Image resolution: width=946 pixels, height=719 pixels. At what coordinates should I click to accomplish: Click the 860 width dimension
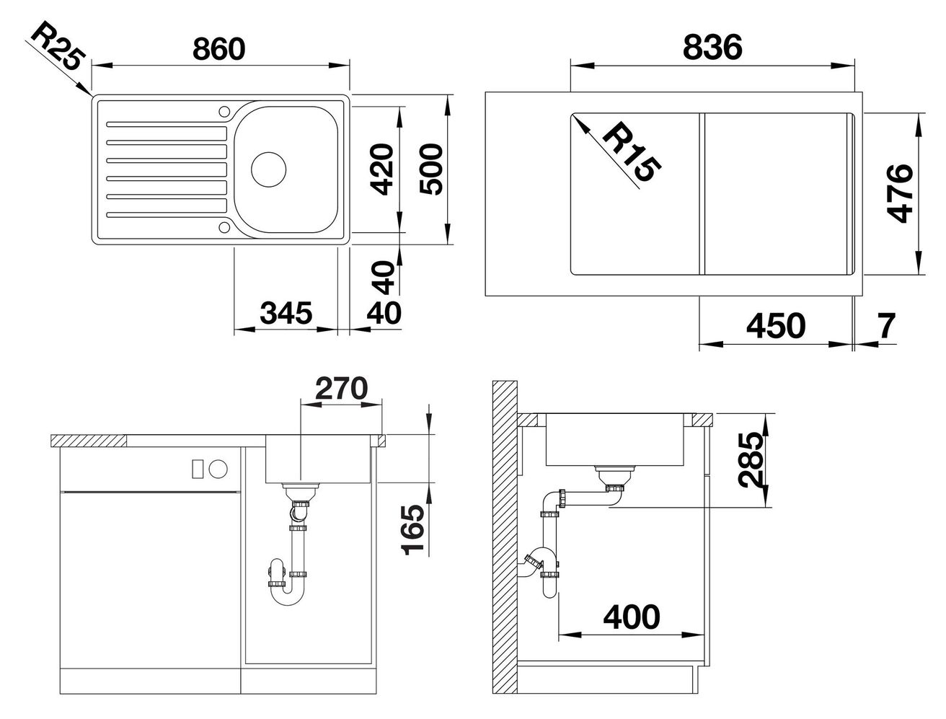pyautogui.click(x=219, y=49)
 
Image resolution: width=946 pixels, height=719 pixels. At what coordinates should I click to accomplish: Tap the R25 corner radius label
pyautogui.click(x=56, y=46)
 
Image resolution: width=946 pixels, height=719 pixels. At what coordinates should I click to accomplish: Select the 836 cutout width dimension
pyautogui.click(x=712, y=48)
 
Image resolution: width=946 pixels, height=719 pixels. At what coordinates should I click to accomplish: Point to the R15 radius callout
pyautogui.click(x=632, y=151)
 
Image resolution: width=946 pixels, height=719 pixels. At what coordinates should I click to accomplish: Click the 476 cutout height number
pyautogui.click(x=901, y=193)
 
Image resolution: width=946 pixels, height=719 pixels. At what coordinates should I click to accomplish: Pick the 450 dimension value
pyautogui.click(x=776, y=326)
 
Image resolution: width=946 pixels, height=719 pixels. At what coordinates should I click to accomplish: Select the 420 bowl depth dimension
pyautogui.click(x=381, y=170)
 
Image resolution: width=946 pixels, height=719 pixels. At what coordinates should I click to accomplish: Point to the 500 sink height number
pyautogui.click(x=430, y=169)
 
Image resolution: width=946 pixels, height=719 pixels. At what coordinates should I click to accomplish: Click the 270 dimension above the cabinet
pyautogui.click(x=341, y=388)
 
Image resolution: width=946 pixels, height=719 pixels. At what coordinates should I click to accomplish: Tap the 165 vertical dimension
pyautogui.click(x=412, y=529)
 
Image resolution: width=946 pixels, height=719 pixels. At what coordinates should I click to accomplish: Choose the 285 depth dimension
pyautogui.click(x=750, y=460)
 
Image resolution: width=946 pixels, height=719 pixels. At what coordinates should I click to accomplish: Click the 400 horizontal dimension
pyautogui.click(x=632, y=617)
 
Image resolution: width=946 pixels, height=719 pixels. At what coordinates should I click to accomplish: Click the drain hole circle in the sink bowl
pyautogui.click(x=268, y=169)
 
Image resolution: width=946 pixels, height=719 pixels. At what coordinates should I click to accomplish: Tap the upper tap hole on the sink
pyautogui.click(x=224, y=112)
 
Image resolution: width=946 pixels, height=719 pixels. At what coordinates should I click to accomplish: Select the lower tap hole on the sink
pyautogui.click(x=224, y=227)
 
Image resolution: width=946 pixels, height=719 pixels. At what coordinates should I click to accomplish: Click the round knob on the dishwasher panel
pyautogui.click(x=218, y=469)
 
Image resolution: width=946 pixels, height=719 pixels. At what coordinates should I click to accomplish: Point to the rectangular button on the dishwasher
pyautogui.click(x=198, y=469)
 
